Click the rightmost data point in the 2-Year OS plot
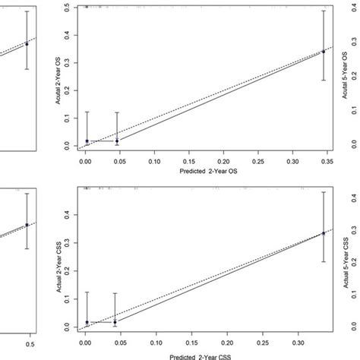click(x=323, y=52)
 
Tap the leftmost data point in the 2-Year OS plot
click(x=87, y=141)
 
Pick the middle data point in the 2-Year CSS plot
click(x=115, y=322)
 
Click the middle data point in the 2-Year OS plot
click(x=117, y=141)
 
